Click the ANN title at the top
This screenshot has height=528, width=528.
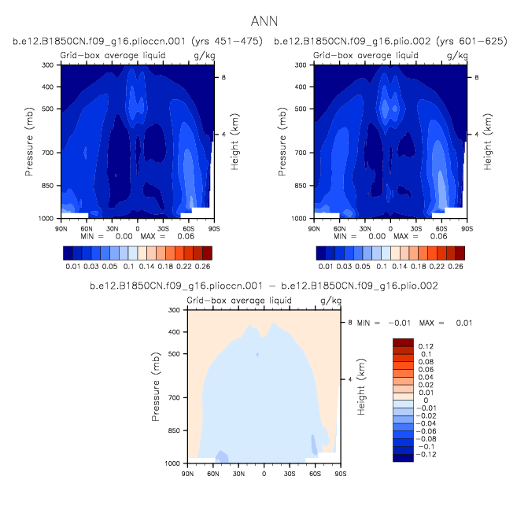tap(264, 20)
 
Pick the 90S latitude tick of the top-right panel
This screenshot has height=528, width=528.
tap(467, 228)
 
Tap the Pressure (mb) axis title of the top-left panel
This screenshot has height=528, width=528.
tap(29, 142)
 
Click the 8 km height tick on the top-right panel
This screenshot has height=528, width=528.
tap(477, 77)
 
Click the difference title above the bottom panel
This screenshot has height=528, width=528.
tap(264, 284)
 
